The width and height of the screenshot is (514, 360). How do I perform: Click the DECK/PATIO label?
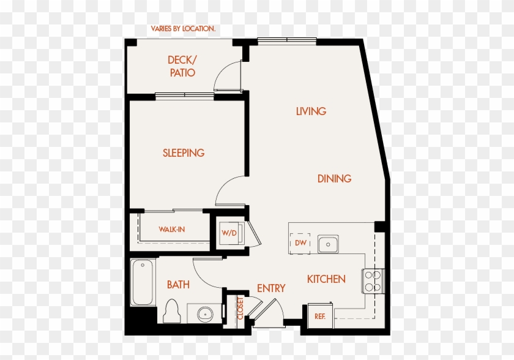[182, 66]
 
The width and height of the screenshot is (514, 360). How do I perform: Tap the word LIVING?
[311, 111]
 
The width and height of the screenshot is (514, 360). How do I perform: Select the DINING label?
[334, 179]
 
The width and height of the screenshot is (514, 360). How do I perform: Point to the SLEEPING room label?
[184, 153]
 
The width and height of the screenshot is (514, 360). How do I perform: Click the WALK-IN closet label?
[172, 230]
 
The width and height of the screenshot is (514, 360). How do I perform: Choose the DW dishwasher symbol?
[300, 243]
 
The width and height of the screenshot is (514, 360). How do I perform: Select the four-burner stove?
[373, 281]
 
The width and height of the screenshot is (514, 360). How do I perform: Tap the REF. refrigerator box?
[319, 316]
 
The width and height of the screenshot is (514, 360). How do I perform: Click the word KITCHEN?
[326, 279]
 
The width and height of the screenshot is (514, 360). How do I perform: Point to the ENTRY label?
[271, 288]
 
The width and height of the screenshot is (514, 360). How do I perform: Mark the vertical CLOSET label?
[240, 309]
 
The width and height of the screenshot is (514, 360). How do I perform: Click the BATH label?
[178, 285]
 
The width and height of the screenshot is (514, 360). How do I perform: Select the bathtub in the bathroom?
[143, 282]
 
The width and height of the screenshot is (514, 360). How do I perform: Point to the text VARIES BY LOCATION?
[183, 29]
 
